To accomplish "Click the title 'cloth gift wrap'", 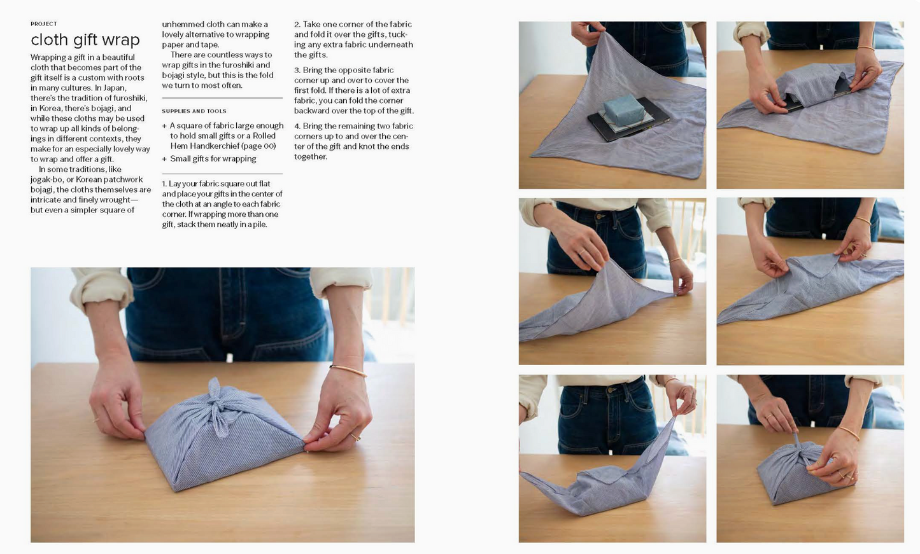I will pyautogui.click(x=85, y=40).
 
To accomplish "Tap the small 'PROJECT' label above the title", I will pyautogui.click(x=43, y=24).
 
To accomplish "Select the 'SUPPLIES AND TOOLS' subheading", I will pyautogui.click(x=194, y=111).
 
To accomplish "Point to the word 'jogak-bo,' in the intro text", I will pyautogui.click(x=47, y=179).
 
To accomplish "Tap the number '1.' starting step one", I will pyautogui.click(x=164, y=184).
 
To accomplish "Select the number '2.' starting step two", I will pyautogui.click(x=297, y=24).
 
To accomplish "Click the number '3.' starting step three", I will pyautogui.click(x=297, y=70).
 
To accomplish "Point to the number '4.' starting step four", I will pyautogui.click(x=297, y=126).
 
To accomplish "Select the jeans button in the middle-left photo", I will pyautogui.click(x=600, y=216).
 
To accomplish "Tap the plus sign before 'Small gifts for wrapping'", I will pyautogui.click(x=164, y=159).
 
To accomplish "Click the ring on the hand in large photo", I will pyautogui.click(x=355, y=436).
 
